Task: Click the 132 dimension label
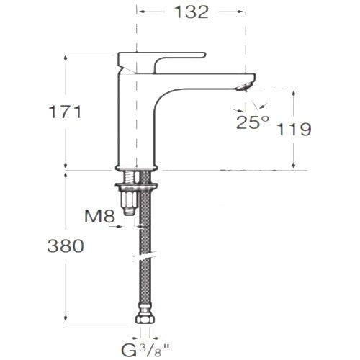[192, 12]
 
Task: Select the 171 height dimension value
[66, 112]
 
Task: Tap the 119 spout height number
[294, 129]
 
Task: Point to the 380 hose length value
[66, 246]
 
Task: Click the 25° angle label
[253, 122]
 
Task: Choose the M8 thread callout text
[100, 216]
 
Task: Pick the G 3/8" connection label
[145, 350]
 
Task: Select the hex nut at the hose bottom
[145, 319]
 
